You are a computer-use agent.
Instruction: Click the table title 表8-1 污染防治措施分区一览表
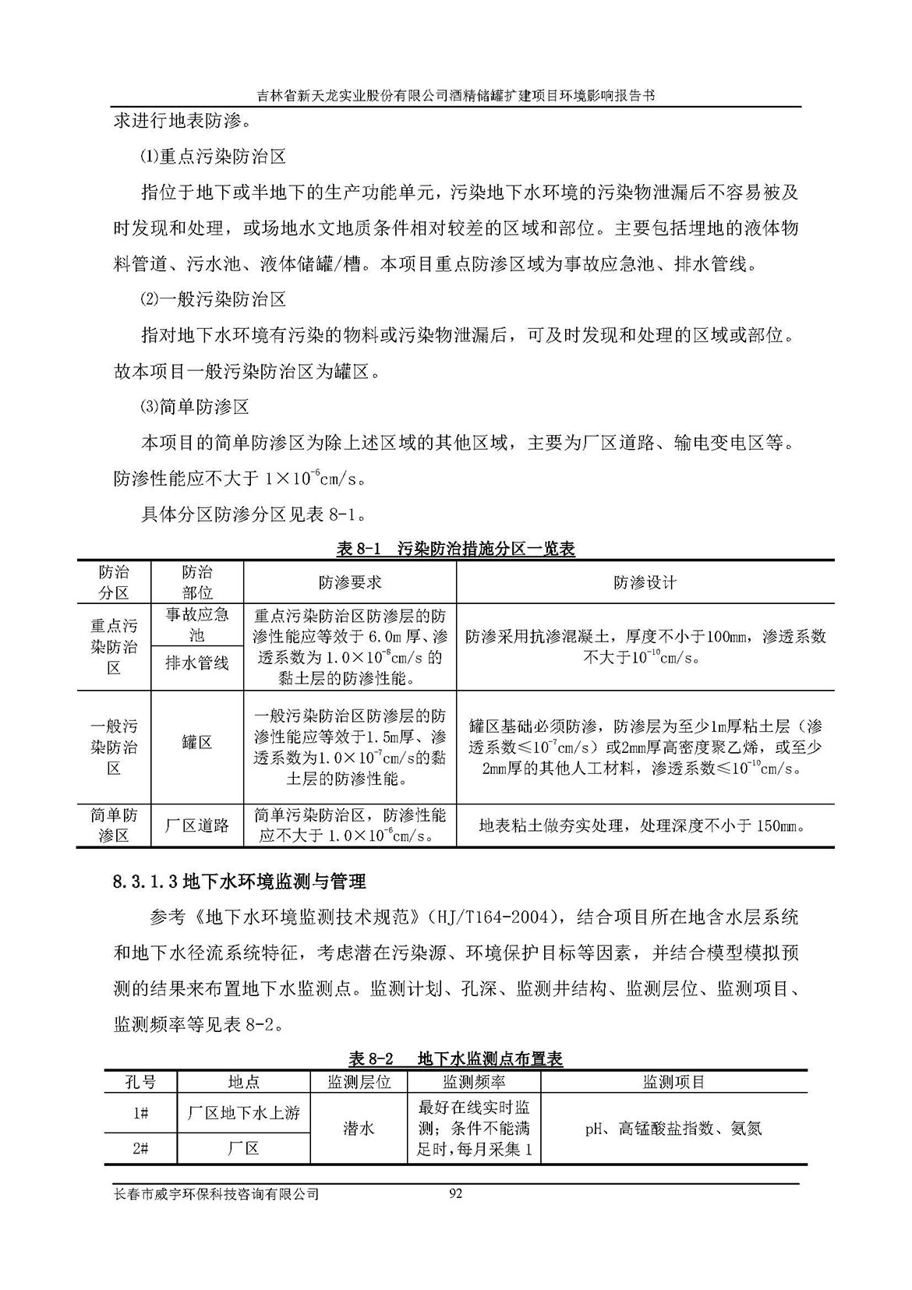(x=455, y=549)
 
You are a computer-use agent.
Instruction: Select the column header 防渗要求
(x=350, y=582)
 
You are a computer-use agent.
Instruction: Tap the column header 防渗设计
(x=645, y=582)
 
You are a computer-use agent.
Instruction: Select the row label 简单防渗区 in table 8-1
(x=114, y=825)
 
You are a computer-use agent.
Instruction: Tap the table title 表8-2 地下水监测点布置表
(x=455, y=1058)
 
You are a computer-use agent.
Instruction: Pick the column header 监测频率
(x=474, y=1082)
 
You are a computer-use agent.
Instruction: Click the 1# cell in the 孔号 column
(x=141, y=1113)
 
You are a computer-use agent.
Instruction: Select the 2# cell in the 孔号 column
(x=141, y=1148)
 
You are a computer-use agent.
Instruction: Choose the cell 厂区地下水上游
(x=243, y=1113)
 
